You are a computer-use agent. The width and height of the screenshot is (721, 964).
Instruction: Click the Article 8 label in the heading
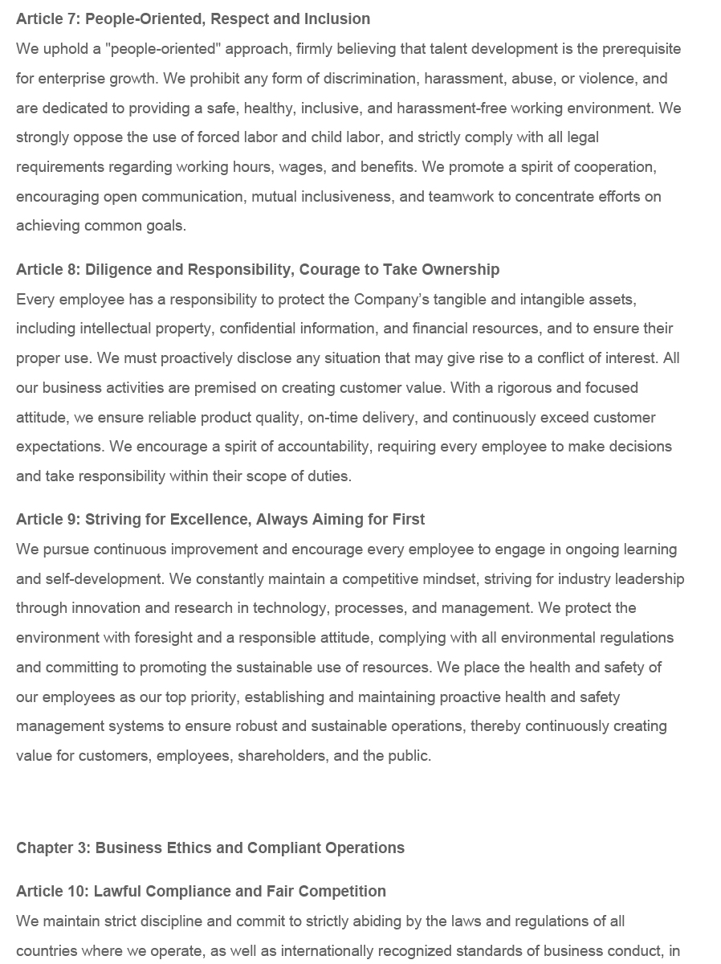[46, 270]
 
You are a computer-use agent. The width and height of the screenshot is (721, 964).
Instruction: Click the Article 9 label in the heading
[46, 520]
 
